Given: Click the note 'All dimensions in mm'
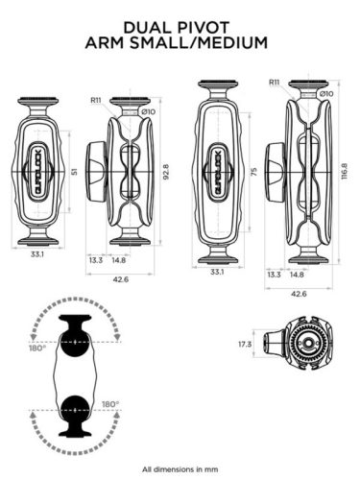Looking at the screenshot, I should pyautogui.click(x=180, y=469).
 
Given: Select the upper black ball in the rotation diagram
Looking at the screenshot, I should pyautogui.click(x=74, y=342).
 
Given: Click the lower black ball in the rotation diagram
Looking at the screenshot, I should pyautogui.click(x=74, y=411).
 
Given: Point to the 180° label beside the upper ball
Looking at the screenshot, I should pyautogui.click(x=36, y=349).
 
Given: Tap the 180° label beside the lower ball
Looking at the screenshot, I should pyautogui.click(x=111, y=404).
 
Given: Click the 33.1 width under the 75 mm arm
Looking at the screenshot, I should pyautogui.click(x=217, y=272).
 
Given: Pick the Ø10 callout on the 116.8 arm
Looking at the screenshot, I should pyautogui.click(x=325, y=93).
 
